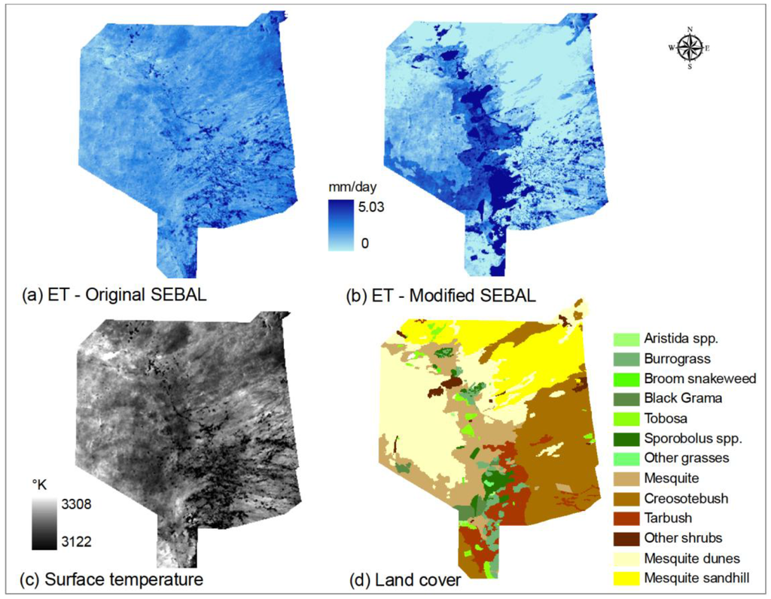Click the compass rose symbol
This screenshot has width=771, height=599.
click(x=690, y=48)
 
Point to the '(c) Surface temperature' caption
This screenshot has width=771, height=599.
click(x=113, y=579)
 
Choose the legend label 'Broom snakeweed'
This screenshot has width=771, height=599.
click(x=699, y=379)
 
